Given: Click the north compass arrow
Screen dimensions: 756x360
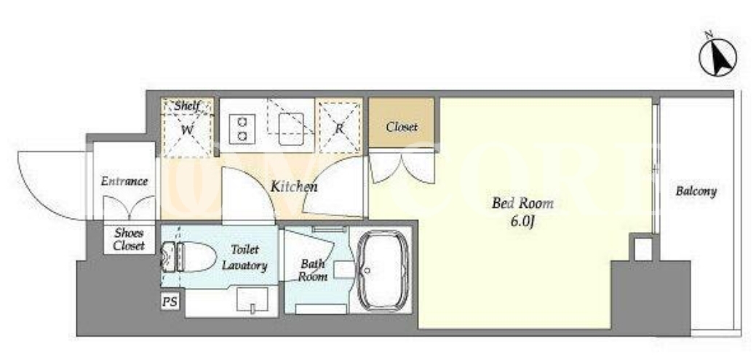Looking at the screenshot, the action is click(x=718, y=57).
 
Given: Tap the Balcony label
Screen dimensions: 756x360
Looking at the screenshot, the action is click(x=696, y=191).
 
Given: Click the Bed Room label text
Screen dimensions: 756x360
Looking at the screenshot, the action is click(x=522, y=204).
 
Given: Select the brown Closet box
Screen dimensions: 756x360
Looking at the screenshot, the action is click(x=402, y=123).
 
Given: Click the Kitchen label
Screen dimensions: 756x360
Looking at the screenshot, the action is click(x=294, y=187).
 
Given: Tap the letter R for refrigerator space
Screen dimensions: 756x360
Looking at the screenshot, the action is click(x=339, y=129).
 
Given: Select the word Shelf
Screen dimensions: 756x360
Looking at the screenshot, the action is click(x=187, y=106).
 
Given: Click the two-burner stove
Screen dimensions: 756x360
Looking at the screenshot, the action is click(x=239, y=128).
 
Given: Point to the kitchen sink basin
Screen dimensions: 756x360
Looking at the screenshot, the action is click(x=291, y=129).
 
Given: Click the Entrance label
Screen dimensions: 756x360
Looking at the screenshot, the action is click(x=124, y=182).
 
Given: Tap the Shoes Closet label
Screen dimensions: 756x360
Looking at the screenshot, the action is click(x=130, y=239).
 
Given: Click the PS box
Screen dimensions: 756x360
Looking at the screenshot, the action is click(x=170, y=302).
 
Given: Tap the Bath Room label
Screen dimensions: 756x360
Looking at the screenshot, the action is click(x=312, y=271).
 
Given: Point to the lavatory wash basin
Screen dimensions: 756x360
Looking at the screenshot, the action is click(x=252, y=300).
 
